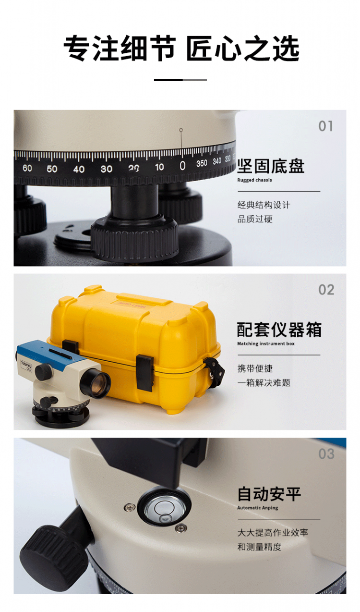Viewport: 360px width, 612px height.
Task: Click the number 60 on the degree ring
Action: click(x=27, y=168)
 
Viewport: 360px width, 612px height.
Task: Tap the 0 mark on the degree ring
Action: click(x=182, y=166)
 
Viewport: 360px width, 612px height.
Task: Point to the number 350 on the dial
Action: click(x=202, y=163)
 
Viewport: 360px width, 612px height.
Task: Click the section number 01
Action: click(x=325, y=126)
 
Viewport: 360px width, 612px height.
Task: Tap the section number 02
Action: click(x=326, y=290)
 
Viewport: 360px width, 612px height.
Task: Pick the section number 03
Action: click(x=326, y=454)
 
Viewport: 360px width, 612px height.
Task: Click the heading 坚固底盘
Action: click(x=270, y=166)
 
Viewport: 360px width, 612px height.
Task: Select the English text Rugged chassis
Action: click(x=254, y=180)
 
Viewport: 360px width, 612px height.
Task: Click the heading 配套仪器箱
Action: click(x=279, y=330)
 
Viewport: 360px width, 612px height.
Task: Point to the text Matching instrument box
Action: click(x=266, y=343)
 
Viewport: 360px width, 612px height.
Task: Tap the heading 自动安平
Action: click(x=269, y=494)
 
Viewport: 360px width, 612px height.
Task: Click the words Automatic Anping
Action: click(x=258, y=508)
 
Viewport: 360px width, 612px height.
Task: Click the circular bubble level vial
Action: click(x=164, y=507)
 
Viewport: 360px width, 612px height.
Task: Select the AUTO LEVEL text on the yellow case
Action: click(x=132, y=305)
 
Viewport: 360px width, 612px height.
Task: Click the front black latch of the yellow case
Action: click(x=145, y=373)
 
